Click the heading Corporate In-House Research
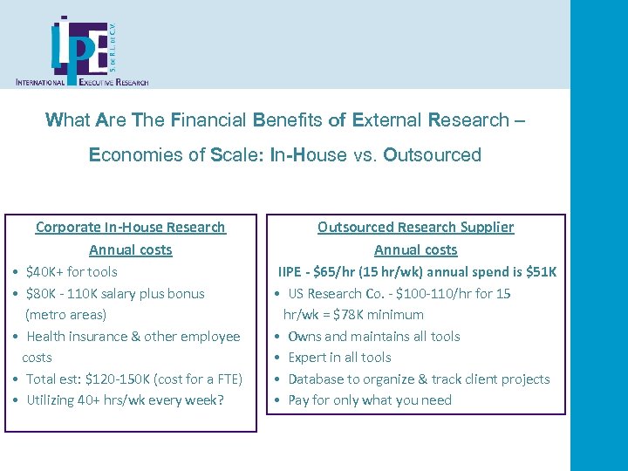[130, 228]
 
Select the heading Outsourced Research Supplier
[415, 228]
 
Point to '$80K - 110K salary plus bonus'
[115, 294]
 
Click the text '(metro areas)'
[65, 315]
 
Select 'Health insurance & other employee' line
[133, 337]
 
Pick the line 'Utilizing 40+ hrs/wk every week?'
[125, 400]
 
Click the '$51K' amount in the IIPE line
[542, 272]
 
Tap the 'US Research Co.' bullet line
[399, 294]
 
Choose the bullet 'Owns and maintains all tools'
[373, 337]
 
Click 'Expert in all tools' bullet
[339, 358]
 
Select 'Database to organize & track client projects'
[419, 379]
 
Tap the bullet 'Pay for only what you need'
[370, 400]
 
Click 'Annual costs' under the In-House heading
[130, 250]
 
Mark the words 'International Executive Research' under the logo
[82, 81]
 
